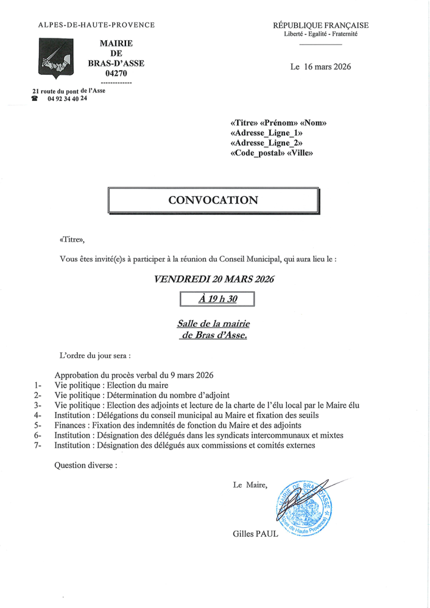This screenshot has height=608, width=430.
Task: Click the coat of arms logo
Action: coord(55,58)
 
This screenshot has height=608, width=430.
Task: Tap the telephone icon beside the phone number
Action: coord(35,99)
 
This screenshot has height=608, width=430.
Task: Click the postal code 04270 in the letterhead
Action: coord(116,74)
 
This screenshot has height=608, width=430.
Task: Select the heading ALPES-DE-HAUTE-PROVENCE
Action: coord(96,25)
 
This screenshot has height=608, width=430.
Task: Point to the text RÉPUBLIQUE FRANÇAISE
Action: coord(320,25)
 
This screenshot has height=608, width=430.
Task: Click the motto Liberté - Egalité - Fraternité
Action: coord(320,34)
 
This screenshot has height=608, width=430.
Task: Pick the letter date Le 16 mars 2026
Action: coord(320,66)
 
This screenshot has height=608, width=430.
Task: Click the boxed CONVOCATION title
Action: coord(213,200)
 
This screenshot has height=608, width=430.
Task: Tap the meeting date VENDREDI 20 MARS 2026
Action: coord(214,278)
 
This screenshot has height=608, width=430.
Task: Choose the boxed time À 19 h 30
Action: coord(217,299)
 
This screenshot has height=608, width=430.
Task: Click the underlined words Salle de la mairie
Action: coord(214,324)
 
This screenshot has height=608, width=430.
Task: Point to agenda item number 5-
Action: coord(38,425)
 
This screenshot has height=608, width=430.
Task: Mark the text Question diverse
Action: coord(86,465)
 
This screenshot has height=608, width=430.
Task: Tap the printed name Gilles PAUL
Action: coord(255,534)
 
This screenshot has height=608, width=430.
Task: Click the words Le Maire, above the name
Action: coord(250,485)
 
